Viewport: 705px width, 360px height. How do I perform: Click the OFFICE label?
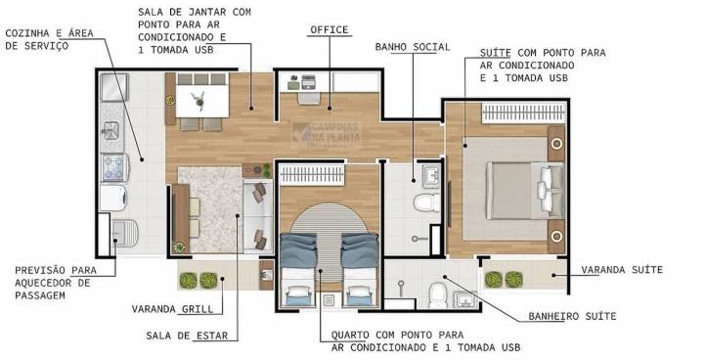click(330, 30)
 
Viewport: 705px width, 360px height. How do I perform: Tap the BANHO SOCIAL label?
click(413, 47)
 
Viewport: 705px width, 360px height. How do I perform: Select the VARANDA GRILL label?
click(172, 309)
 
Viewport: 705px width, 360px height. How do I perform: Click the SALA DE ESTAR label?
click(187, 336)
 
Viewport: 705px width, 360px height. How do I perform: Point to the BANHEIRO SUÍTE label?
click(572, 316)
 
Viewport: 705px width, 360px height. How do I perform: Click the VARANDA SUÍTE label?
click(622, 270)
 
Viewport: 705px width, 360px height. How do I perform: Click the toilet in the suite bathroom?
click(436, 294)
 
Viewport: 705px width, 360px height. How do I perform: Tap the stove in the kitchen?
click(114, 167)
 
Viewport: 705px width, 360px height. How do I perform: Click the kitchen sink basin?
click(110, 131)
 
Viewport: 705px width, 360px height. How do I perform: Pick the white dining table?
click(202, 102)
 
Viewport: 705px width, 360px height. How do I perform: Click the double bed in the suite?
click(525, 191)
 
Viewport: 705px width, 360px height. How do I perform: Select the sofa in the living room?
click(258, 215)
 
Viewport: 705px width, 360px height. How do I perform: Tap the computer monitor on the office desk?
click(308, 82)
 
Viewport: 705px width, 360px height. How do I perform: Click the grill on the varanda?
click(266, 275)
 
